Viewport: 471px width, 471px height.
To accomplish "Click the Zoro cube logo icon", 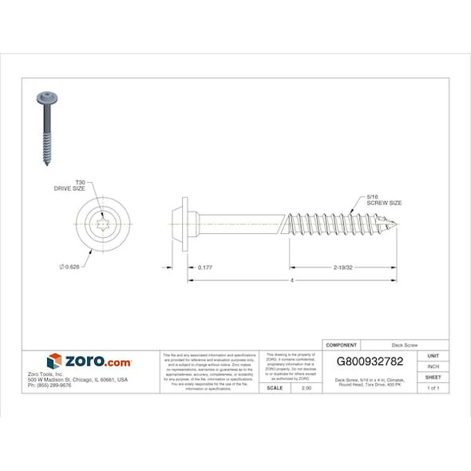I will tap(54, 362).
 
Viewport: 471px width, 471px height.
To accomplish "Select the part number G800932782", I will tap(370, 361).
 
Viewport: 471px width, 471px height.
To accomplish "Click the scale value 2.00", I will tap(305, 387).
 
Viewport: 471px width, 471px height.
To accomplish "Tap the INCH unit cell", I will tap(433, 366).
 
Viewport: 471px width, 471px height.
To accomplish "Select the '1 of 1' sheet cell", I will tap(433, 387).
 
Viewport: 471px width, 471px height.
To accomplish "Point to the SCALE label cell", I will tap(274, 387).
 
